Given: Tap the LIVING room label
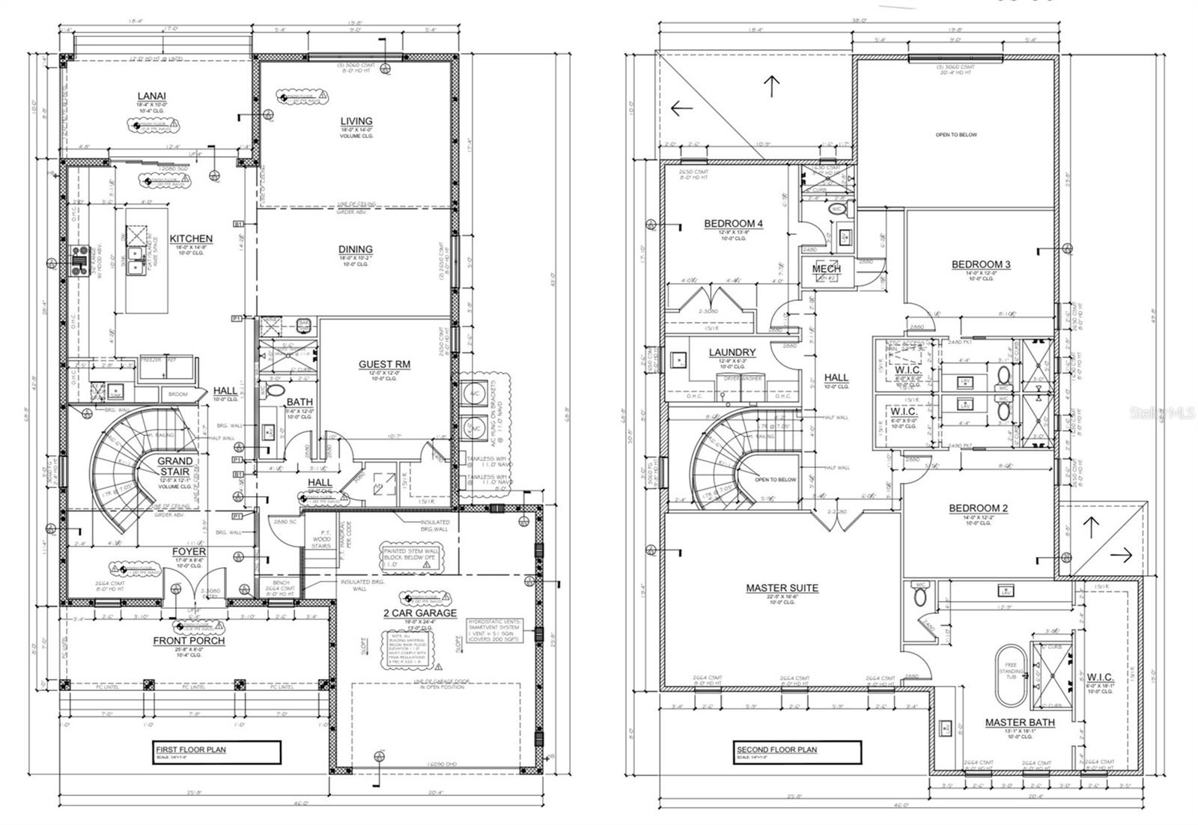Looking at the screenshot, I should point(356,121).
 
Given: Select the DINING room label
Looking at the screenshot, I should point(355,249).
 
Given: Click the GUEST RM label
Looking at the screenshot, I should point(384,365).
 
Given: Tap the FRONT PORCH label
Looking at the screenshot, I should point(189,641).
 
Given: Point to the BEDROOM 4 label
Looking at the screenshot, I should point(733,224).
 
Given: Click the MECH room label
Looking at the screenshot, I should point(827,269).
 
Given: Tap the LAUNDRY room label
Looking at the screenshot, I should point(732,352).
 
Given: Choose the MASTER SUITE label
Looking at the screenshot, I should point(782,588).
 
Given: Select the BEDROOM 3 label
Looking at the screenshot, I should point(981,264).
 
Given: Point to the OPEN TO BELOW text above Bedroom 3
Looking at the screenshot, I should point(956,135).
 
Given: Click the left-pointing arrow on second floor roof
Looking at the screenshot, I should point(681,108).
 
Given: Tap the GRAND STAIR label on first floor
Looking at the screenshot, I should point(174,466).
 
